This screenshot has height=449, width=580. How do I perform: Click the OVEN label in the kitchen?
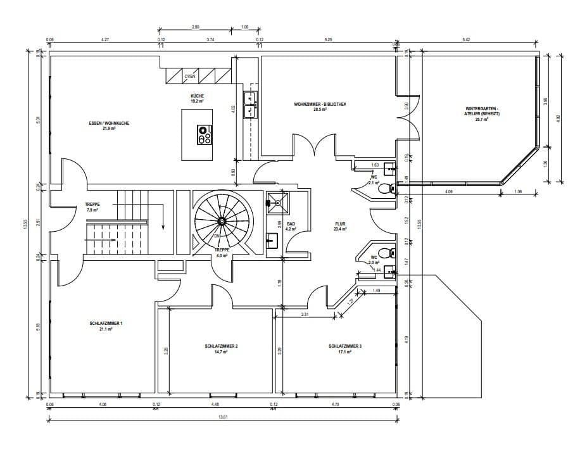pyautogui.click(x=190, y=77)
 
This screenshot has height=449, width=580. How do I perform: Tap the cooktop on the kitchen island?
pyautogui.click(x=204, y=134)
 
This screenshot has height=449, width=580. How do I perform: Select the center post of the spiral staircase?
pyautogui.click(x=222, y=221)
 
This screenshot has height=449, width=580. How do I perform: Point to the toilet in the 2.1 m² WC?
pyautogui.click(x=384, y=188)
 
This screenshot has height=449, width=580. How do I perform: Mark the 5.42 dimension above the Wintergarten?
pyautogui.click(x=467, y=40)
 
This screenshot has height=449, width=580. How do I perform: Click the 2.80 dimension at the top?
pyautogui.click(x=196, y=27)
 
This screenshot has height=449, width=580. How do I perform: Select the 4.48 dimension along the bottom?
pyautogui.click(x=215, y=403)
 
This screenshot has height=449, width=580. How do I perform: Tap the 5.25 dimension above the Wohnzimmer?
pyautogui.click(x=328, y=40)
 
